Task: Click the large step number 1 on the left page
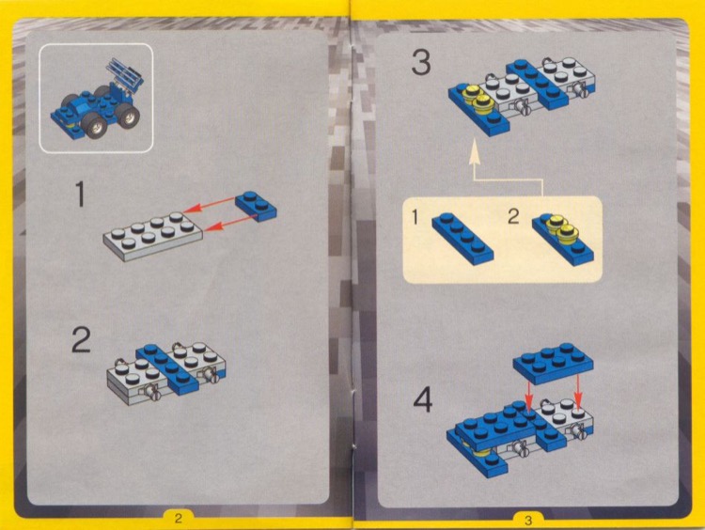tap(82, 194)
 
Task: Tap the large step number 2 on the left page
tap(83, 341)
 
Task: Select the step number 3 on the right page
tap(422, 65)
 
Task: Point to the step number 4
tap(424, 401)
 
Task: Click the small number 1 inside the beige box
tap(415, 217)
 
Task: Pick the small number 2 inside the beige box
tap(513, 217)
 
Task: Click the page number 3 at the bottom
tap(527, 518)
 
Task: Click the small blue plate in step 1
tap(257, 204)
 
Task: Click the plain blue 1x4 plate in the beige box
tap(462, 236)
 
